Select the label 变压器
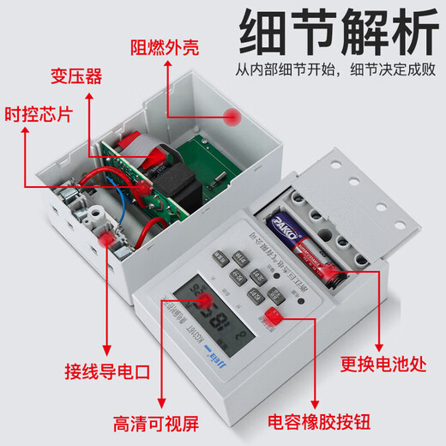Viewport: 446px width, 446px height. [x=76, y=77]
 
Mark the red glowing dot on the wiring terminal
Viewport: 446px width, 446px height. [x=107, y=244]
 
